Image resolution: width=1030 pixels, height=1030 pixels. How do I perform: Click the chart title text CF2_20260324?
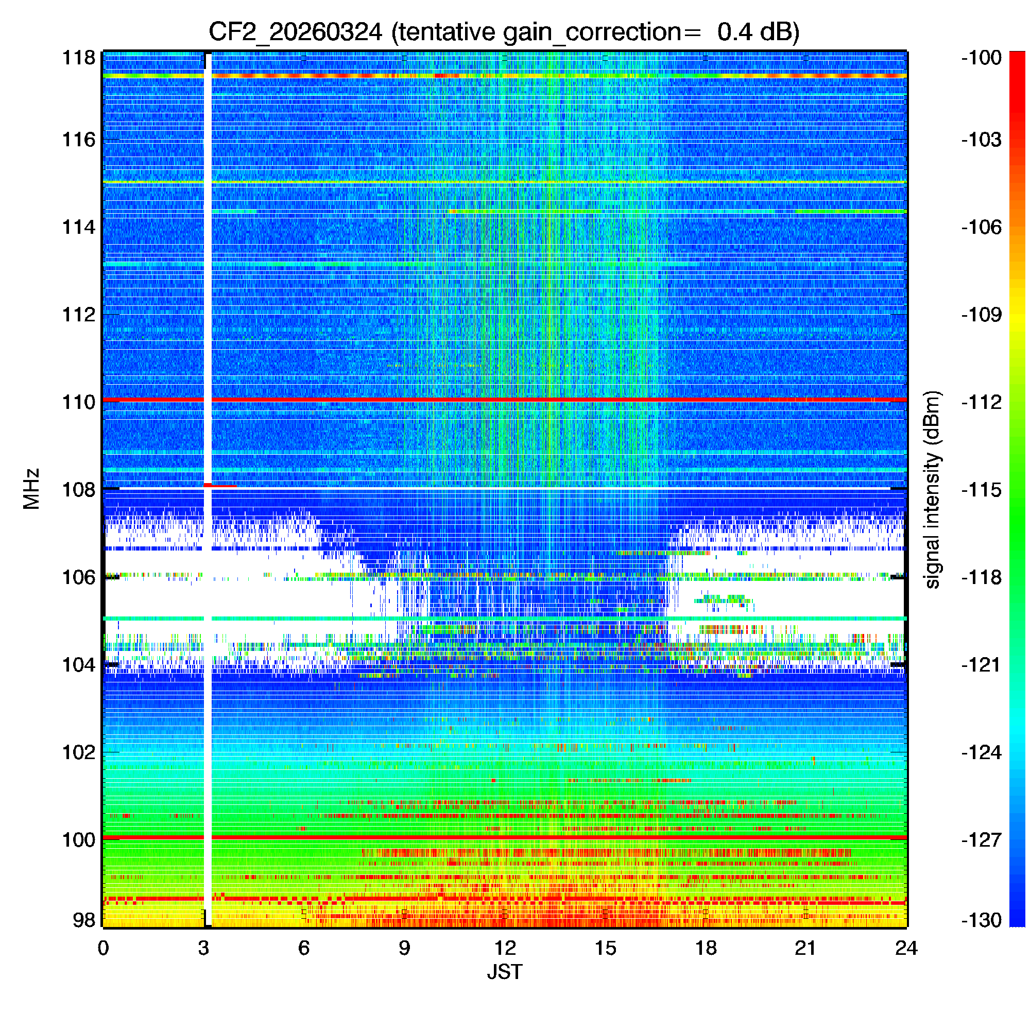click(295, 32)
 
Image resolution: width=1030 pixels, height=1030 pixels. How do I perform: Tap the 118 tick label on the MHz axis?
click(78, 58)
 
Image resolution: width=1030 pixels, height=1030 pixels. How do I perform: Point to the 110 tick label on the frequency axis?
click(78, 402)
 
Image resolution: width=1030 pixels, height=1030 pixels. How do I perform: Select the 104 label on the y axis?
click(78, 665)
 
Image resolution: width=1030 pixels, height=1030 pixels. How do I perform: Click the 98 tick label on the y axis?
click(84, 920)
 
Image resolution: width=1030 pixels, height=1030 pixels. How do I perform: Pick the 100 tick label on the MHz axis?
click(78, 839)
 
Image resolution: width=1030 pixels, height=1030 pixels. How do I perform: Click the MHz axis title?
click(31, 489)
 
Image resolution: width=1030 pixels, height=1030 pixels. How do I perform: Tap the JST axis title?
click(504, 972)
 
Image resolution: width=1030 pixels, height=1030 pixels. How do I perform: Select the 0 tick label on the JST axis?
click(104, 948)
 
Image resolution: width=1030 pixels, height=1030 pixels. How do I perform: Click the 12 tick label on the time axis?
click(504, 948)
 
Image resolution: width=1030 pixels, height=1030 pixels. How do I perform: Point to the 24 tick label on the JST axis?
click(906, 948)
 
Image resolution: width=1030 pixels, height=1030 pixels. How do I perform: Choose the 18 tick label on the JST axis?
click(706, 948)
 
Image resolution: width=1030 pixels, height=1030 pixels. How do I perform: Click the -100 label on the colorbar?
click(981, 58)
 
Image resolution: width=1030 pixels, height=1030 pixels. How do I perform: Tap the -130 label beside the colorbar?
click(981, 920)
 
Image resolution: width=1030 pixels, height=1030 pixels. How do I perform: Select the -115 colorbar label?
click(981, 489)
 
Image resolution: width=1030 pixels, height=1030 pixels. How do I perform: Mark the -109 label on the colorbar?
click(981, 315)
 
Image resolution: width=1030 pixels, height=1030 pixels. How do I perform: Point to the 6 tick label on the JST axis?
click(304, 948)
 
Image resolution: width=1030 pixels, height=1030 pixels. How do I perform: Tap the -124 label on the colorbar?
click(981, 752)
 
